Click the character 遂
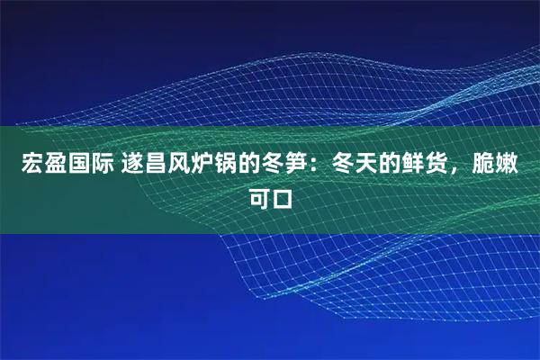128,166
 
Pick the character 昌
152,166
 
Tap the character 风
176,166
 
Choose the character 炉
201,166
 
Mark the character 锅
225,166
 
